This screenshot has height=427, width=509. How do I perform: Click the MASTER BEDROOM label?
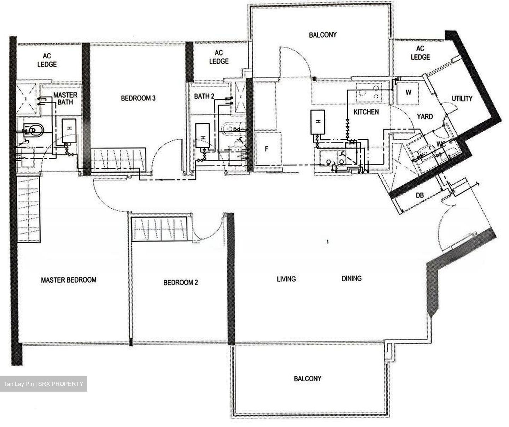[x=69, y=280]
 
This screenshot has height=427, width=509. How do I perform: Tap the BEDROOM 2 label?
[x=181, y=282]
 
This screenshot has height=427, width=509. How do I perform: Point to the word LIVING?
[x=286, y=279]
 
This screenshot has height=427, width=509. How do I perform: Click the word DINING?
[x=351, y=278]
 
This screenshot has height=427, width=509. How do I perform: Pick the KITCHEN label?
[x=367, y=112]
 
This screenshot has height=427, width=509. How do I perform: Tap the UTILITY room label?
[x=462, y=99]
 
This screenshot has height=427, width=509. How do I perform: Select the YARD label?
[x=425, y=116]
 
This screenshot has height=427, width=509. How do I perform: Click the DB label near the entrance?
[x=420, y=195]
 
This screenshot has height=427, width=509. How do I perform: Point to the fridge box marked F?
[x=267, y=149]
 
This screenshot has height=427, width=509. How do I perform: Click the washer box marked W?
[x=408, y=93]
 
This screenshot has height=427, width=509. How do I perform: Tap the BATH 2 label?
[x=204, y=96]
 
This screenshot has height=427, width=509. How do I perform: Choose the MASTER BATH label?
[x=65, y=98]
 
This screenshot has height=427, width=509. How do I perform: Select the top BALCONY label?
[x=322, y=35]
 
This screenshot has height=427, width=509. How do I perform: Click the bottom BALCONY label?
[x=308, y=379]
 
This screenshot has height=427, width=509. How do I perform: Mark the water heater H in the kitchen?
[x=318, y=122]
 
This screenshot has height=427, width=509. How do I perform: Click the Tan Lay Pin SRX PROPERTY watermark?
[x=43, y=384]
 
